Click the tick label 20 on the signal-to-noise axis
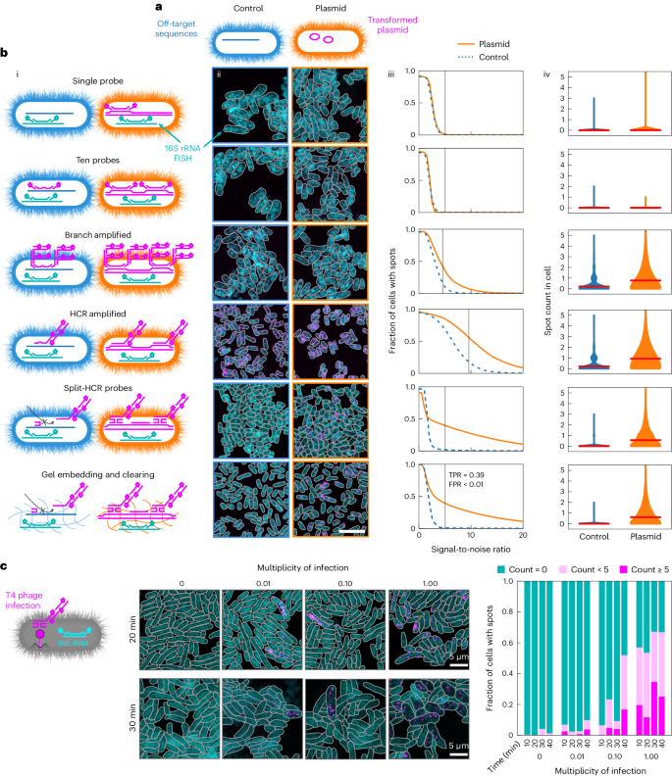522,537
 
